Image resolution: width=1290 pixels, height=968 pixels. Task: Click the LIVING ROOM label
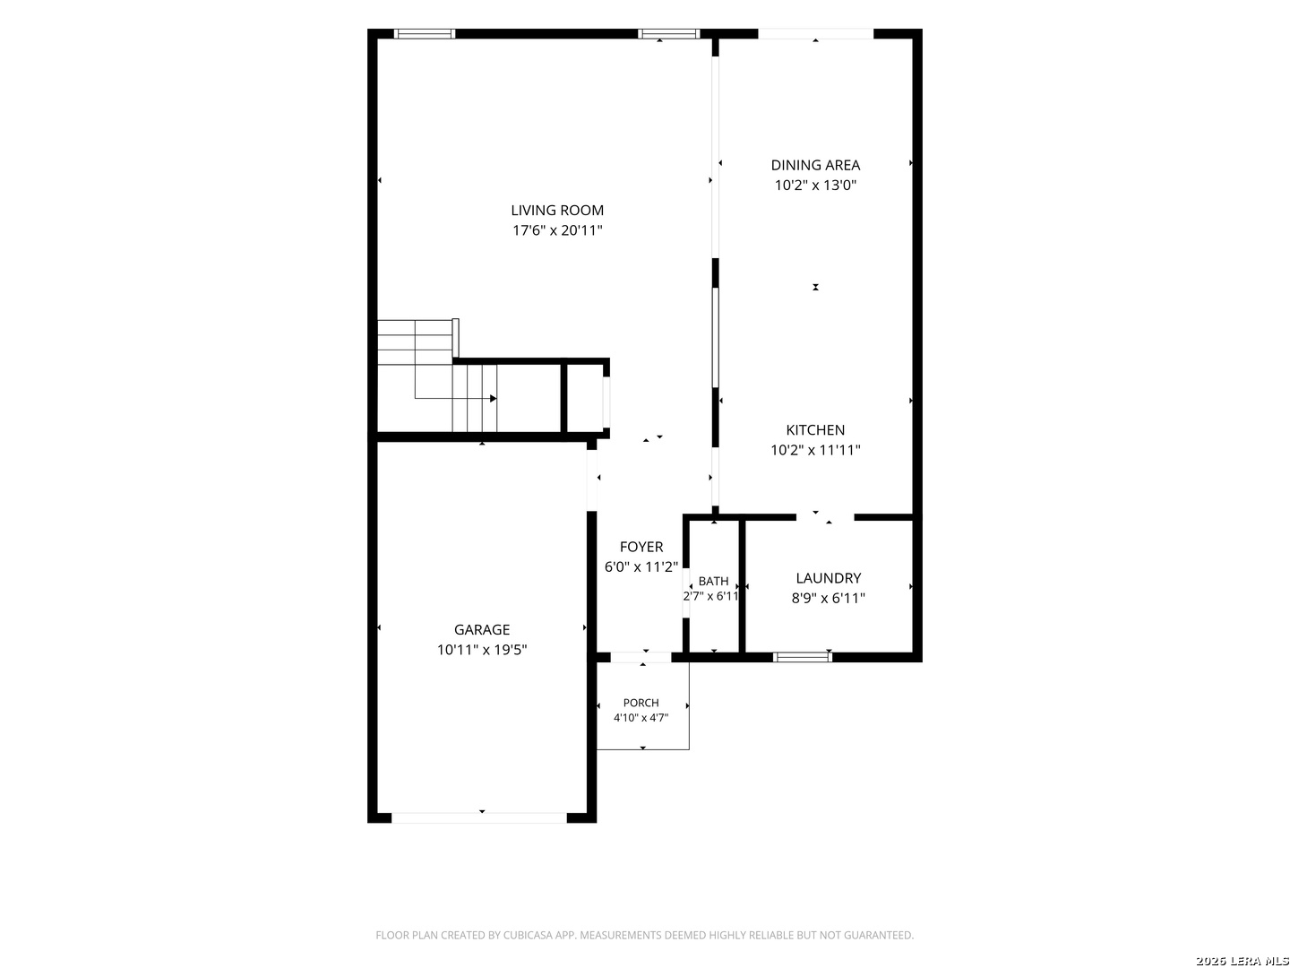556,210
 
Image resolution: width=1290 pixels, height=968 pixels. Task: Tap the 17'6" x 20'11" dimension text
557,229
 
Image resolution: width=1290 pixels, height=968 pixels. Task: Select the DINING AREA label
815,165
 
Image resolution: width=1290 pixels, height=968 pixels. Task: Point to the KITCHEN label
815,429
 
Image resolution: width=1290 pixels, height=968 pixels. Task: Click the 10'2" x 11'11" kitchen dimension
815,450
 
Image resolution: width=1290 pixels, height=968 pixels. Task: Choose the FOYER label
641,547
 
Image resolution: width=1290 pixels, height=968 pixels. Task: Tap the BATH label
713,581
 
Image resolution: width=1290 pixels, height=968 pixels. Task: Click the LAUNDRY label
828,578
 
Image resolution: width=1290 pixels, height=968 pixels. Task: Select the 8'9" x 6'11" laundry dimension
828,598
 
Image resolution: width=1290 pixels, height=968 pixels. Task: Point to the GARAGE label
481,629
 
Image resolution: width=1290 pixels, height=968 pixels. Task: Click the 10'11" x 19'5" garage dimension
481,650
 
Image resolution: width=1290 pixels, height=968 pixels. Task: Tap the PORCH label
641,703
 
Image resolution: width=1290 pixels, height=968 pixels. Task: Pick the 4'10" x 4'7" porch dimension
641,718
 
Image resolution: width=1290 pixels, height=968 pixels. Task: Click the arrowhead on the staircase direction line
493,399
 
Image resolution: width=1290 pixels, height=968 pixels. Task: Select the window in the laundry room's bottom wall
802,657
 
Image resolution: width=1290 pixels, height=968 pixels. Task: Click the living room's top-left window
424,33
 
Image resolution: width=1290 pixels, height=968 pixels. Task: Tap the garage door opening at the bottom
479,817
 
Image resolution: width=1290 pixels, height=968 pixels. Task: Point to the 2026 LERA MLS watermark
1242,961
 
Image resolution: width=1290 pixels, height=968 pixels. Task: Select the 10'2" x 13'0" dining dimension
815,186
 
